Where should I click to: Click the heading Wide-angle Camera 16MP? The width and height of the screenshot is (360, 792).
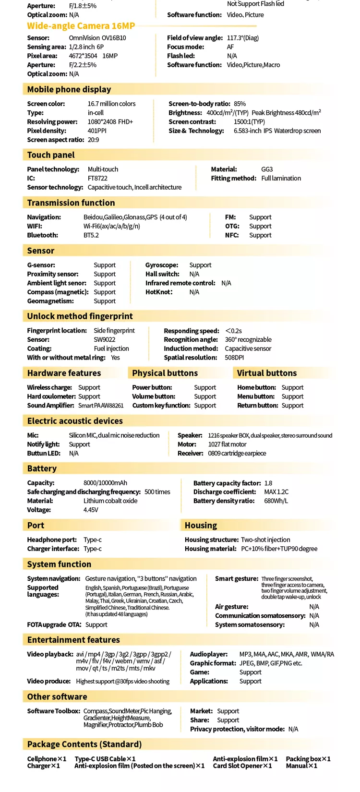[81, 26]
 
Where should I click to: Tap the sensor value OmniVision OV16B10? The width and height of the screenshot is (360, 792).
[97, 37]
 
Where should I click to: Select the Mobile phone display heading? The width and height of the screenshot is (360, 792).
[69, 89]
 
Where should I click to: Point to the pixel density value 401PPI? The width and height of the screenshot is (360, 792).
[97, 131]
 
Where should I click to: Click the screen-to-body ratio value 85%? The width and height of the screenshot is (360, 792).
[240, 104]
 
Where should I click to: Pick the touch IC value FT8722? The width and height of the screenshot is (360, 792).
[97, 178]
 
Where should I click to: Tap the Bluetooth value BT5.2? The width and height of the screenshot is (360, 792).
[91, 235]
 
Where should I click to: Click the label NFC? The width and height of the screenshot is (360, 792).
[232, 235]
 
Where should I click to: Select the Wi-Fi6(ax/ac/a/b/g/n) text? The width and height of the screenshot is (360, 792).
[112, 226]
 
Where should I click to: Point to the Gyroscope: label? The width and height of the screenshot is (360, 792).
[162, 265]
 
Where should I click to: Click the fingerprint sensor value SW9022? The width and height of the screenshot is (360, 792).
[105, 339]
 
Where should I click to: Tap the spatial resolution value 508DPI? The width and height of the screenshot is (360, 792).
[234, 358]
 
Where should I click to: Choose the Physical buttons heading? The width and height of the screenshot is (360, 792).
[165, 373]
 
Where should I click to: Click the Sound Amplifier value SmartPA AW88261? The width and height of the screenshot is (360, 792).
[101, 406]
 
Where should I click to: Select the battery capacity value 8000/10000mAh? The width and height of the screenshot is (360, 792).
[105, 483]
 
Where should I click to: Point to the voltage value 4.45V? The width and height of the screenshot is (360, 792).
[91, 510]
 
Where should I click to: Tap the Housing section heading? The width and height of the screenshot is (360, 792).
[201, 526]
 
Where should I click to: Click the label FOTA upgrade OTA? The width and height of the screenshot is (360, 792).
[54, 624]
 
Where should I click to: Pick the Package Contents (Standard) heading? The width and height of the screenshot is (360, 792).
[84, 744]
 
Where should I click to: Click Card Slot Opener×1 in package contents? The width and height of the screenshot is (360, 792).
[242, 766]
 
